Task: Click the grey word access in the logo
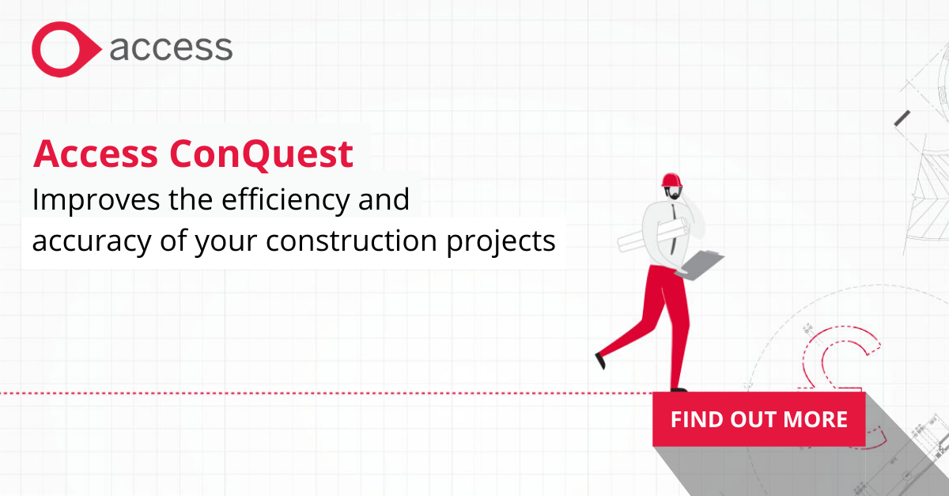(171, 48)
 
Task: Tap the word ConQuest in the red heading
(262, 153)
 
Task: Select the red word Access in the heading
(96, 153)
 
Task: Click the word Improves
(96, 199)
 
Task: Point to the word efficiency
(286, 199)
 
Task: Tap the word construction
(351, 240)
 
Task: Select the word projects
(501, 241)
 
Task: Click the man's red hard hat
(671, 180)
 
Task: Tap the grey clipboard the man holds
(699, 264)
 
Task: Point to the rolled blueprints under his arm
(653, 235)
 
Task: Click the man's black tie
(673, 229)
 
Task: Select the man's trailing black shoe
(600, 361)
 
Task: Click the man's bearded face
(673, 193)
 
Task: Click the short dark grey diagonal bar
(902, 119)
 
